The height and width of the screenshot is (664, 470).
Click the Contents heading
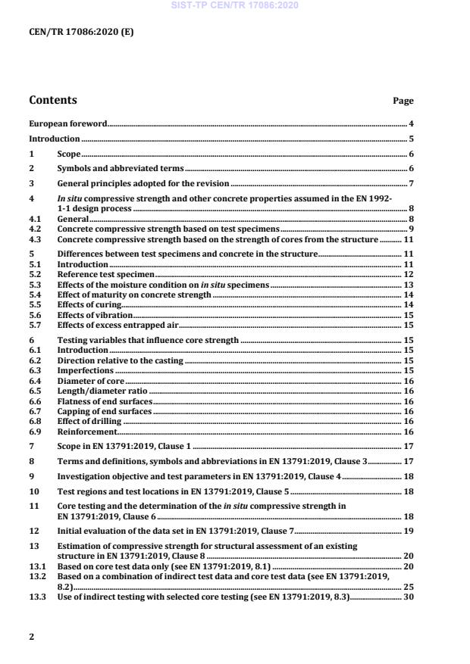coord(52,100)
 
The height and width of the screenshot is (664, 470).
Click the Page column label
coord(403,101)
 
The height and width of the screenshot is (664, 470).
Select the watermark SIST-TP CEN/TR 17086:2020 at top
coord(234,5)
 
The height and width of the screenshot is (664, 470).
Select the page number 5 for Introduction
coord(411,139)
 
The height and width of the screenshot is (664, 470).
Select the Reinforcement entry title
coord(82,430)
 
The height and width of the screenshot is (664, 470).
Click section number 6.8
coord(34,420)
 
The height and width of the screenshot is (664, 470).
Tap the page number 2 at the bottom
coord(31,637)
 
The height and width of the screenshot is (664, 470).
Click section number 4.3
coord(34,239)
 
